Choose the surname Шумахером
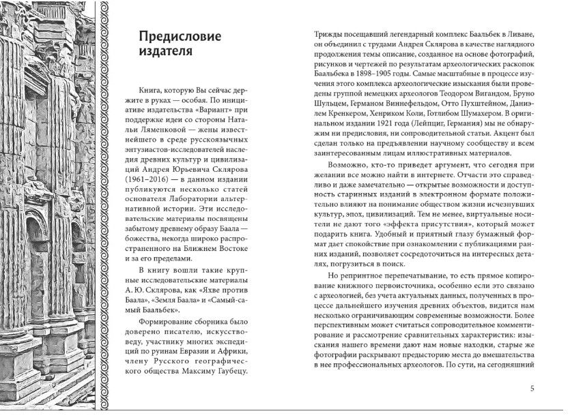pyautogui.click(x=478, y=112)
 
